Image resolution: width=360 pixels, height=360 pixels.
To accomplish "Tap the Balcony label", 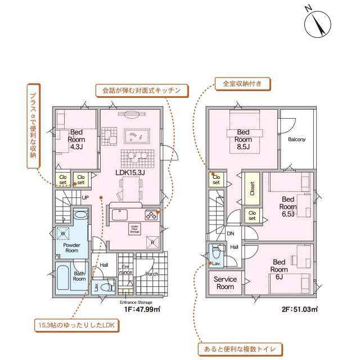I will point(296,139).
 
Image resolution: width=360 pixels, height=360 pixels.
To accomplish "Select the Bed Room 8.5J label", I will point(242,139).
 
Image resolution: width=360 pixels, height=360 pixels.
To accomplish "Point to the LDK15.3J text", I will point(130,173).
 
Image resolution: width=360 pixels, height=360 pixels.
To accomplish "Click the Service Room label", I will point(225,283).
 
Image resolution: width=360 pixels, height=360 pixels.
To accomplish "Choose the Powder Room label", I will point(71,248).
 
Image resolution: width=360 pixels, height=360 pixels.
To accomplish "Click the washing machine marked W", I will point(64,233).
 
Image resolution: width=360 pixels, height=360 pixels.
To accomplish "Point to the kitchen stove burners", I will point(151,214).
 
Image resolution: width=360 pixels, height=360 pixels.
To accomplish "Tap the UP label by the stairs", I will point(85,198).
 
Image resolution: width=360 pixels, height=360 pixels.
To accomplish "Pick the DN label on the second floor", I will point(231,233).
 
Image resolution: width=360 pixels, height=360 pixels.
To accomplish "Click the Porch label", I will point(152,274).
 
